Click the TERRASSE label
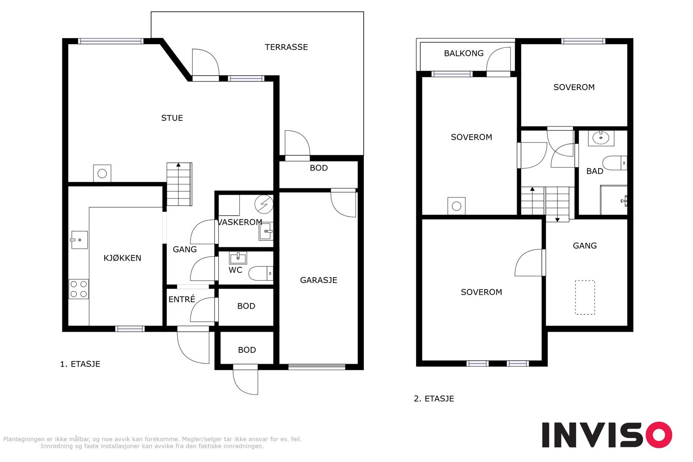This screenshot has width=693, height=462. coord(286,47)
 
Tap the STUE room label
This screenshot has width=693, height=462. coord(172,118)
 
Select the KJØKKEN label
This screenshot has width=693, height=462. coord(122,258)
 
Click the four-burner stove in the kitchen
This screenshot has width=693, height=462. coord(78,289)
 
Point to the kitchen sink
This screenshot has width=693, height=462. coord(80,240)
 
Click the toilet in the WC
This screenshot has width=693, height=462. coord(261,273)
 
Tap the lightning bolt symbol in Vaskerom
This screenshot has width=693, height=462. coord(264,204)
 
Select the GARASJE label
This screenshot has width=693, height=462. coord(319,280)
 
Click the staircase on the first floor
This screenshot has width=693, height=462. coord(179,184)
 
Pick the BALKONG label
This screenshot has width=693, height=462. coord(464,54)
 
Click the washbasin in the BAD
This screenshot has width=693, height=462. coord(601,138)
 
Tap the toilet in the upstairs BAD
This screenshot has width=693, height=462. coord(615,163)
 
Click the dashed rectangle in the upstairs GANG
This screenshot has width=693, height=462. coord(585,297)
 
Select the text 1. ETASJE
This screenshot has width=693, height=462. coord(80,364)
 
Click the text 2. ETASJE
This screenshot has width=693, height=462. coord(434,399)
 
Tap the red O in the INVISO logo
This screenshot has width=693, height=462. coord(659,434)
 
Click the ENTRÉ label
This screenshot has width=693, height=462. coord(181,299)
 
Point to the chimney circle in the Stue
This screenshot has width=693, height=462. coord(102,174)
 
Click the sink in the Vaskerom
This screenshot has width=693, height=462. coord(266,231)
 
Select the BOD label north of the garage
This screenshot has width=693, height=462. coord(319,168)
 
